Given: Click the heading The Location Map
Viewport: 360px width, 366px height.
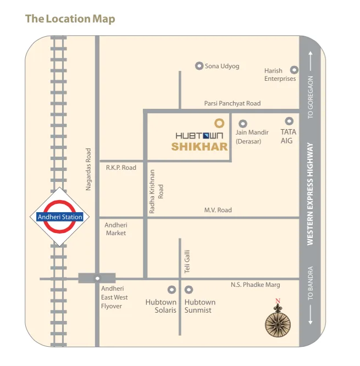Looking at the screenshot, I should pyautogui.click(x=70, y=19).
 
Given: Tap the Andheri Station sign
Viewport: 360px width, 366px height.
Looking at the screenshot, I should pyautogui.click(x=60, y=217).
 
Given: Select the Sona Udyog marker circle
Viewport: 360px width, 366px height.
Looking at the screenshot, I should pyautogui.click(x=199, y=66).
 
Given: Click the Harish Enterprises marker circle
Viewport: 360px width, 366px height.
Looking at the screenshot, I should pyautogui.click(x=294, y=70).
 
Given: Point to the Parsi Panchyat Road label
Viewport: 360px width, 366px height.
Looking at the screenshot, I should pyautogui.click(x=232, y=103).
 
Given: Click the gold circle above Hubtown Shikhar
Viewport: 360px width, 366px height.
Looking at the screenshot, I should pyautogui.click(x=218, y=123).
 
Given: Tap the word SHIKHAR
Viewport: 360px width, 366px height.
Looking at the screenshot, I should pyautogui.click(x=199, y=147).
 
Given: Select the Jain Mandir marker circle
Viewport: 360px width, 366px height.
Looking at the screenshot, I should pyautogui.click(x=243, y=124).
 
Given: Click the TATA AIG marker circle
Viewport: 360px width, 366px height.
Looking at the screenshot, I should pyautogui.click(x=289, y=121).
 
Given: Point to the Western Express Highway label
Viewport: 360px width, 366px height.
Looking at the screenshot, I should pyautogui.click(x=311, y=194).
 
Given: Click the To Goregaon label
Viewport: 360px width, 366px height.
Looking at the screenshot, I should pyautogui.click(x=311, y=98).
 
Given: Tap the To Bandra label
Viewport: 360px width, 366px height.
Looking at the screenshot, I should pyautogui.click(x=311, y=283).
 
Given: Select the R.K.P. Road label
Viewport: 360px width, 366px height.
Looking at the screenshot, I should pyautogui.click(x=121, y=168).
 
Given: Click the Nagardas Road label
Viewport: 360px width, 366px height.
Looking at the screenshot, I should pyautogui.click(x=88, y=169).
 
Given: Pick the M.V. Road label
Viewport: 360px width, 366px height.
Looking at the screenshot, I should pyautogui.click(x=218, y=210).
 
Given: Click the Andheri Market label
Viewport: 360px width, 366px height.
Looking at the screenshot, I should pyautogui.click(x=115, y=229).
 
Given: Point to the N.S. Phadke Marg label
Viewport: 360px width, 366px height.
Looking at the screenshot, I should pyautogui.click(x=255, y=285).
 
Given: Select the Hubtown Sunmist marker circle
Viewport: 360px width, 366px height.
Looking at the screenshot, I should pyautogui.click(x=189, y=289).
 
